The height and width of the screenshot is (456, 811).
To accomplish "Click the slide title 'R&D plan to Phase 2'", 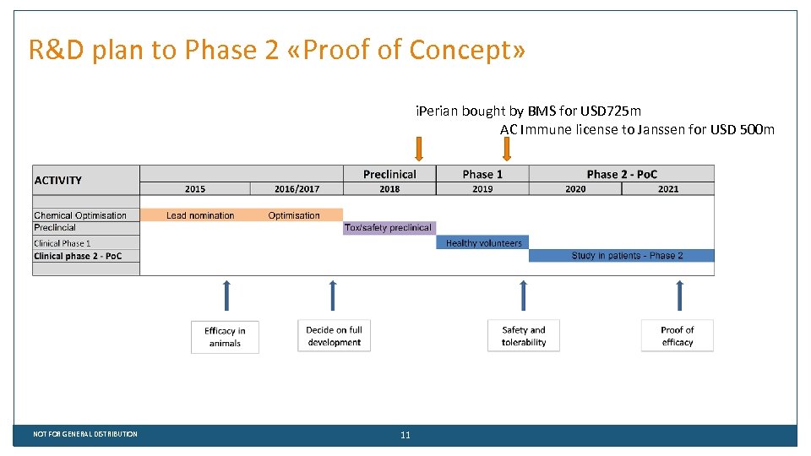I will click(276, 51).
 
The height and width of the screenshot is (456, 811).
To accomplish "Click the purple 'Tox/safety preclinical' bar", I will click(389, 228).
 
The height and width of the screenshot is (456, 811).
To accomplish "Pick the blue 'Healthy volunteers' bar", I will click(483, 243).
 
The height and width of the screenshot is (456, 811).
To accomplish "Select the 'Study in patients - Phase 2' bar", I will click(621, 256).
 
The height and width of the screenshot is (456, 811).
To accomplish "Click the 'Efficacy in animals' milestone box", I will click(225, 337).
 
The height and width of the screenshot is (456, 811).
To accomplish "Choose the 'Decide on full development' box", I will click(334, 336).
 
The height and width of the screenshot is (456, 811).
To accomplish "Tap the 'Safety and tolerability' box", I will click(524, 336).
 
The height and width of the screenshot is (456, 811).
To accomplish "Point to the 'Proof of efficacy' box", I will click(677, 336).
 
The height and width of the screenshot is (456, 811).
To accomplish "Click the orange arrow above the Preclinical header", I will click(419, 149).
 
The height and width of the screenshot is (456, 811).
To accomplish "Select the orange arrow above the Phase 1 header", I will click(507, 149).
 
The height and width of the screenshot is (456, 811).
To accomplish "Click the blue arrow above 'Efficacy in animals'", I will click(226, 296).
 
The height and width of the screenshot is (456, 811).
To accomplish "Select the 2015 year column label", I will click(195, 189).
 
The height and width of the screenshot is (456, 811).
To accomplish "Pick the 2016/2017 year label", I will click(297, 189).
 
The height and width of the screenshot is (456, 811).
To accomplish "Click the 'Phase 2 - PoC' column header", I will click(622, 174).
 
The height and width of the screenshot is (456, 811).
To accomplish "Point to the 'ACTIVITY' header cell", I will click(58, 180).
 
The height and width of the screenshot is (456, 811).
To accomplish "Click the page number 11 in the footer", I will click(405, 435).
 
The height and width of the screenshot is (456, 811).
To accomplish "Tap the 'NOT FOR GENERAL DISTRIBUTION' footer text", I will click(85, 434).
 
